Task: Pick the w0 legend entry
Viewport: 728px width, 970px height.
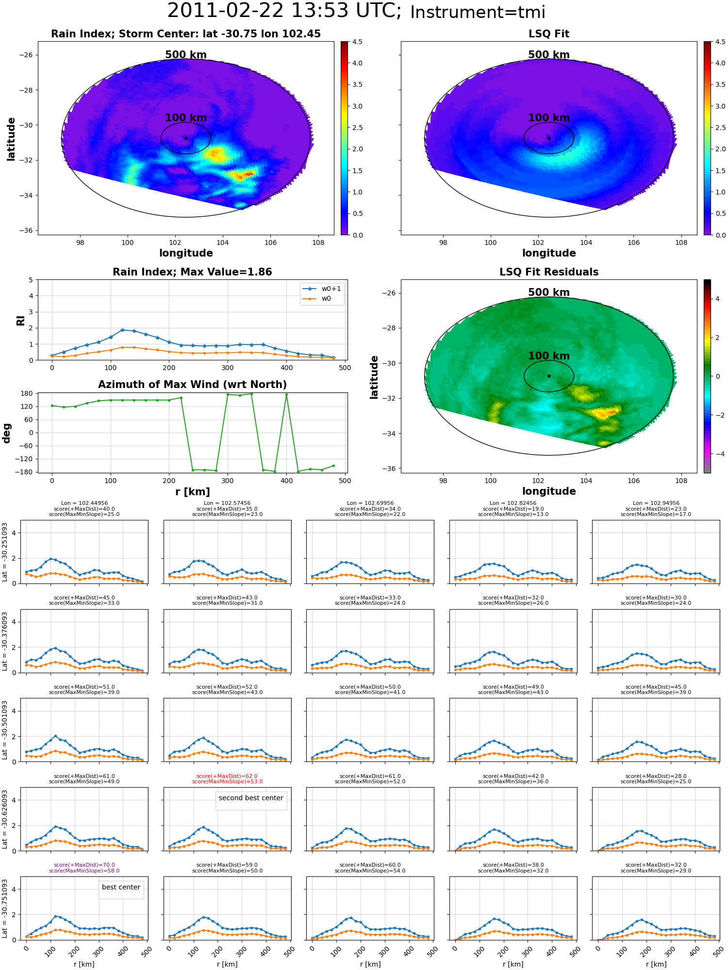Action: pyautogui.click(x=322, y=299)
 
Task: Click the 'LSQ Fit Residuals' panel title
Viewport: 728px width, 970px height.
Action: pyautogui.click(x=549, y=272)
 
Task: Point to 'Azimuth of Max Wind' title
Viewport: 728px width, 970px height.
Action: pyautogui.click(x=193, y=385)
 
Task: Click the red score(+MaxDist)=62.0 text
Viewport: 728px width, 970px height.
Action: pyautogui.click(x=227, y=776)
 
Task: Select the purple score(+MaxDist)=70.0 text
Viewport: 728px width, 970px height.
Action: pyautogui.click(x=84, y=865)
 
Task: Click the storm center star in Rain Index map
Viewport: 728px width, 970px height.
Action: pyautogui.click(x=186, y=138)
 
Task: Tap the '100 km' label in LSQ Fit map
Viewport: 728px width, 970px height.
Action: pyautogui.click(x=549, y=118)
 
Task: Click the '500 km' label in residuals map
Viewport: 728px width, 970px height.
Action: pyautogui.click(x=549, y=292)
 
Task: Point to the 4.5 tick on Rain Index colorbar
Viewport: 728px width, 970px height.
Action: pyautogui.click(x=357, y=42)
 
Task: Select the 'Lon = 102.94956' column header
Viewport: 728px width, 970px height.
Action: pyautogui.click(x=656, y=503)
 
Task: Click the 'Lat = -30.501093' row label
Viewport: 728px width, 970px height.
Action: pyautogui.click(x=5, y=730)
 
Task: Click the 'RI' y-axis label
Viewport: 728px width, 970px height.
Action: pyautogui.click(x=20, y=321)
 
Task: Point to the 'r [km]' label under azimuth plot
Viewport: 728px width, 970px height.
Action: pyautogui.click(x=193, y=492)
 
